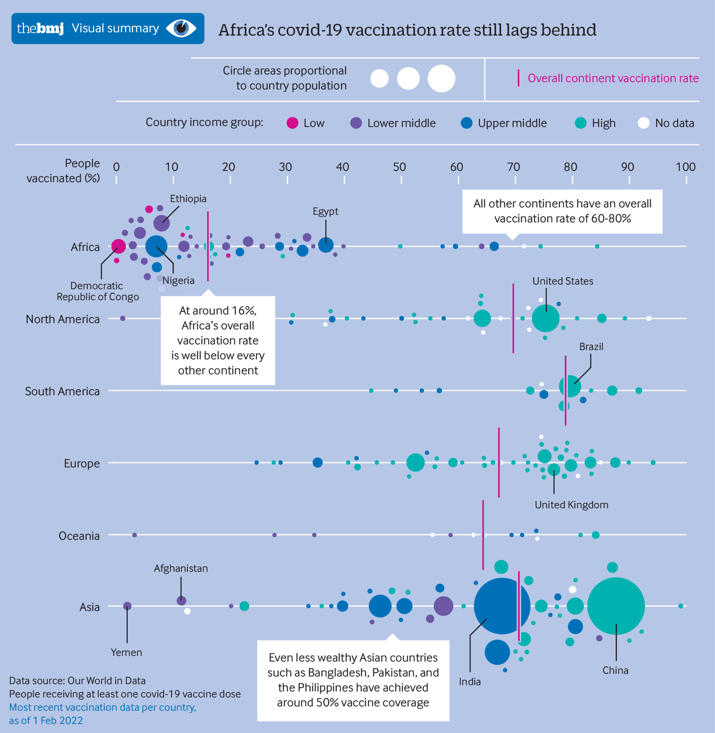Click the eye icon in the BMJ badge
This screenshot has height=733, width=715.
click(181, 29)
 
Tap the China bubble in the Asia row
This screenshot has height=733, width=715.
click(616, 606)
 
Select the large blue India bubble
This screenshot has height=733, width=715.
click(502, 606)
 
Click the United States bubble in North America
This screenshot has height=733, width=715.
click(546, 318)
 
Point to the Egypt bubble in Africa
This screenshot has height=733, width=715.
click(326, 245)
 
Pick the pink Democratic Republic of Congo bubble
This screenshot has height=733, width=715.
click(119, 246)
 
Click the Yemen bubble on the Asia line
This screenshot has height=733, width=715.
click(127, 606)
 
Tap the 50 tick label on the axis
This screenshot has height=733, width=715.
click(400, 167)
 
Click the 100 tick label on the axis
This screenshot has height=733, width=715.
click(685, 167)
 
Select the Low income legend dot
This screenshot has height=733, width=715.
click(292, 123)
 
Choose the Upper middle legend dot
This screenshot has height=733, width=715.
click(467, 123)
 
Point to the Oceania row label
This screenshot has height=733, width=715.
click(79, 536)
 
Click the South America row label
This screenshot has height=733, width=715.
click(62, 391)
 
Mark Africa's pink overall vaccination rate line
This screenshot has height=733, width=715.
click(208, 246)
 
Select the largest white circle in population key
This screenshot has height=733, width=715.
click(441, 78)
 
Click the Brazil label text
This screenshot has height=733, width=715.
click(591, 347)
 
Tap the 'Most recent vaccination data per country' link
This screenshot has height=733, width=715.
click(102, 707)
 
